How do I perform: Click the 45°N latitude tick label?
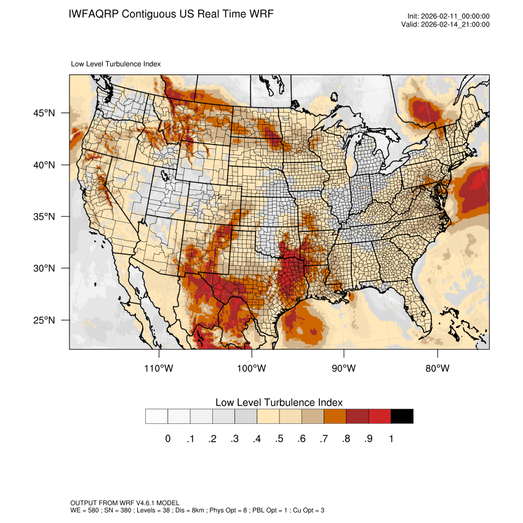[44, 113]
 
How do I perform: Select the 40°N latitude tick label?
[44, 165]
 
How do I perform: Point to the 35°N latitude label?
[44, 217]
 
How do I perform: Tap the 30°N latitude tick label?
[44, 268]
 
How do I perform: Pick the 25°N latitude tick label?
[44, 320]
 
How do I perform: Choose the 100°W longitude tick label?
[252, 369]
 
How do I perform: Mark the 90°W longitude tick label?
[345, 369]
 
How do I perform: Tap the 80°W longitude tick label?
[437, 369]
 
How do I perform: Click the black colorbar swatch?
[402, 416]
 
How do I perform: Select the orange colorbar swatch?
[335, 416]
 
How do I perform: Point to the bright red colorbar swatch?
[380, 416]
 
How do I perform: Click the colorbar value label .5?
[279, 439]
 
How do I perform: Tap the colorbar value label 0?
[167, 439]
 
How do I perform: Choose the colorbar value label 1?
[391, 439]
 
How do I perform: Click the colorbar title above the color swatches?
[279, 402]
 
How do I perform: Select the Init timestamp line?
[448, 16]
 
